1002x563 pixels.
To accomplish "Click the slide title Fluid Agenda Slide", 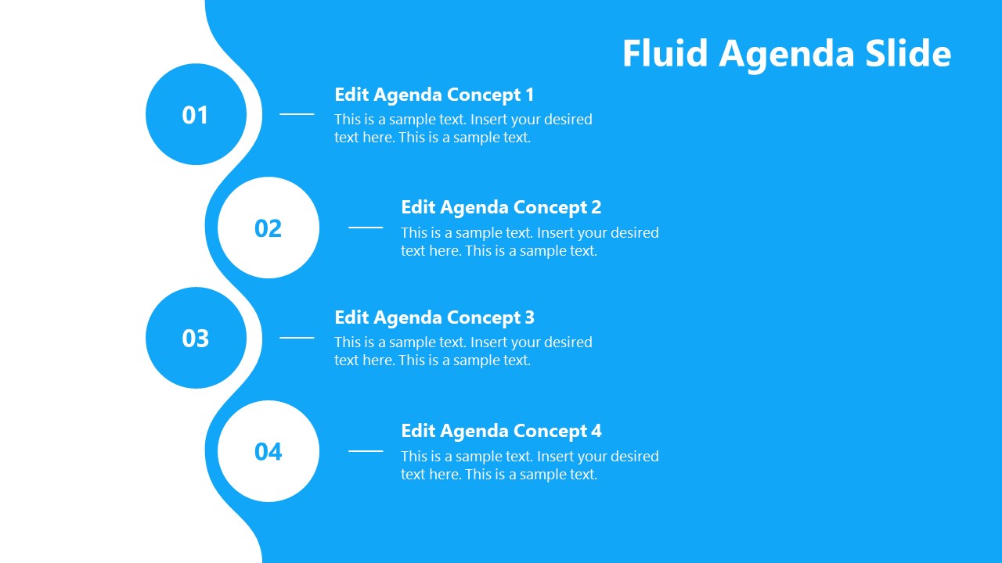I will point(786,54).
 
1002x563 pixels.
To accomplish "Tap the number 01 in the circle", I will point(195,116).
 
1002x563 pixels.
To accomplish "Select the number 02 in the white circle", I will point(268,228).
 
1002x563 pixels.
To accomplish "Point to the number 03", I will point(195,339).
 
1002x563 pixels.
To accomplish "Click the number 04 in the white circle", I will point(268,452).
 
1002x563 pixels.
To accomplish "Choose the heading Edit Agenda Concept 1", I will point(434,95).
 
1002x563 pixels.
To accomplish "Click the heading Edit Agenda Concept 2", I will point(501,208).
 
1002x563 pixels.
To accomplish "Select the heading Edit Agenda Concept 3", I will point(434,318).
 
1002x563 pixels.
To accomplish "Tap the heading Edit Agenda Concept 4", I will point(501,432).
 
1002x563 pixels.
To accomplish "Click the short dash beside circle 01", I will point(297,114).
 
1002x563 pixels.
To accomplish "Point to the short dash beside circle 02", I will point(366,228).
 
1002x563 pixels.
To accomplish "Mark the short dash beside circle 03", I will point(297,338).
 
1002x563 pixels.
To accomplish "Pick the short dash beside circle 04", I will point(366,451).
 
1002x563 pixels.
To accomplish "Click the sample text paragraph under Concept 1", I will point(463,128).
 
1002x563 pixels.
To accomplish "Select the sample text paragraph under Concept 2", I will point(529,242).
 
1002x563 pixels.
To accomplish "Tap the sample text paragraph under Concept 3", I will point(463,351).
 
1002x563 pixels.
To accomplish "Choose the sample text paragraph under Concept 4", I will point(529,465).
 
